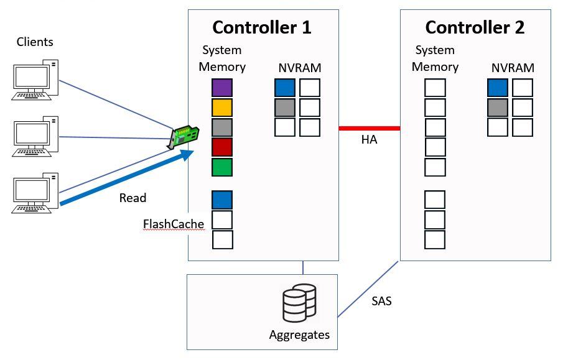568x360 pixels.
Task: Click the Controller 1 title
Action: point(262,28)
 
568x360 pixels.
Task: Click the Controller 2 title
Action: point(475,28)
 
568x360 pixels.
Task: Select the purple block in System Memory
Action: point(222,88)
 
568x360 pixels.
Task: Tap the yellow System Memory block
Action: point(222,108)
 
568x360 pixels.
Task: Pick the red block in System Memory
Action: point(222,147)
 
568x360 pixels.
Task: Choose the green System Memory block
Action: point(222,167)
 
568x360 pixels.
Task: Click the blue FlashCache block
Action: point(222,200)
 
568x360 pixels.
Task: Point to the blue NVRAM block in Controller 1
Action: point(285,88)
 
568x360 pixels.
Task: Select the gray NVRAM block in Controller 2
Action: point(498,108)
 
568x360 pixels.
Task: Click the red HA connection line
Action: point(369,129)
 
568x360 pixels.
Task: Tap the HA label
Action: point(369,141)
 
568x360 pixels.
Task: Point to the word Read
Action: point(133,198)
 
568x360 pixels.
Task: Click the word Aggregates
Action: point(299,335)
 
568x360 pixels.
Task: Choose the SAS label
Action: point(381,302)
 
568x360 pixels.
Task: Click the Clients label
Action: point(35,42)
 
